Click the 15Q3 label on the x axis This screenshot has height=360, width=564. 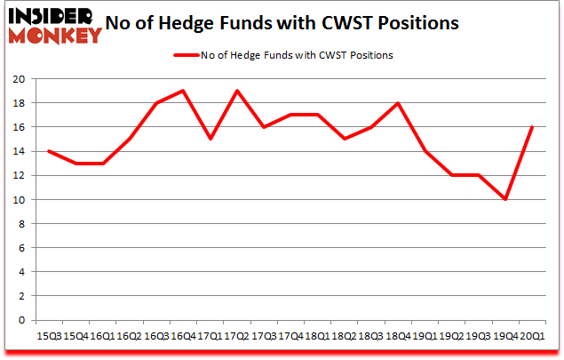click(49, 337)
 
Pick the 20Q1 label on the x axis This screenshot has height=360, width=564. click(532, 337)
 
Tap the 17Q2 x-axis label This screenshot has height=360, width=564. click(237, 337)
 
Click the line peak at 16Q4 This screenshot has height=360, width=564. click(183, 91)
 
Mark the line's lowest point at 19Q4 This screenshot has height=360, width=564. click(504, 199)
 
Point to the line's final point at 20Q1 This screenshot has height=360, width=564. click(532, 127)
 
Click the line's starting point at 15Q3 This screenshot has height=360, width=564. click(49, 151)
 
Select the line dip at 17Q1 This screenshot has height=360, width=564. click(210, 139)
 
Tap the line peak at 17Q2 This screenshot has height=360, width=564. click(237, 91)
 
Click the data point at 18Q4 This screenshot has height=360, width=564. click(398, 103)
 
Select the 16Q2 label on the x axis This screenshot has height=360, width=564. click(130, 337)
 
